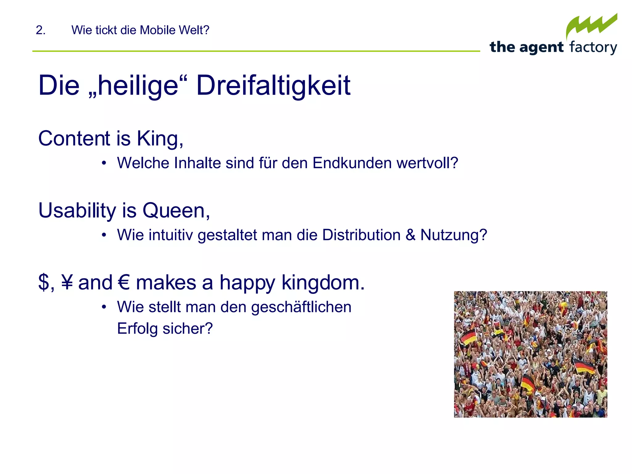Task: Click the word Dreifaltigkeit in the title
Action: (273, 85)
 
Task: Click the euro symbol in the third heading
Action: (124, 282)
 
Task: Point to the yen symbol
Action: (67, 282)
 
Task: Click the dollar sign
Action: (44, 282)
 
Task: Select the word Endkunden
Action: (352, 163)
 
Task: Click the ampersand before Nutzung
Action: (410, 235)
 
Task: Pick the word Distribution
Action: (361, 235)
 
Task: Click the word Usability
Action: (77, 211)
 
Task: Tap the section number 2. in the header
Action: (40, 30)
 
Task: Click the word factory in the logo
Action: (593, 48)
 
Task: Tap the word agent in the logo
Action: (541, 48)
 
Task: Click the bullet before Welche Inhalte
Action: (104, 163)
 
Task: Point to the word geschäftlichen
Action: (301, 307)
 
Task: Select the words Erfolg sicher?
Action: (165, 328)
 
